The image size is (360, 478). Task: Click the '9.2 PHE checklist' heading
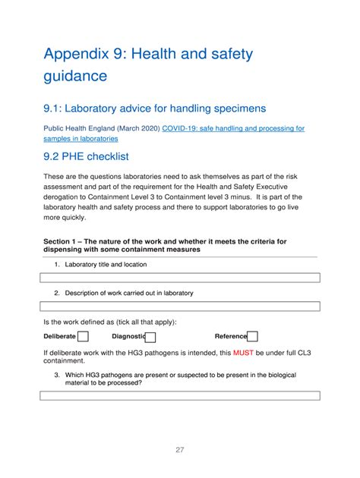[86, 156]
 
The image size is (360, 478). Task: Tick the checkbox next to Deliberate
[84, 337]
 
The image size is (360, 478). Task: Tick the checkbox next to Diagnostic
[151, 337]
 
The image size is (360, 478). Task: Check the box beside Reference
[253, 337]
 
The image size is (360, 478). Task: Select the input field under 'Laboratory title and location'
[179, 278]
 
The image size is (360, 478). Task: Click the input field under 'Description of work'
[179, 307]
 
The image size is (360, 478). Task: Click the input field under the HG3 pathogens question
[179, 395]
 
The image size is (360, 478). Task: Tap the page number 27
[180, 450]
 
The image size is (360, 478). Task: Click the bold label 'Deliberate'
[60, 337]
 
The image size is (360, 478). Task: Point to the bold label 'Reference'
[231, 337]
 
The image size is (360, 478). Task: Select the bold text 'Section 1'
[62, 242]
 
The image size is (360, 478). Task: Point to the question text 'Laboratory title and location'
[106, 265]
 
